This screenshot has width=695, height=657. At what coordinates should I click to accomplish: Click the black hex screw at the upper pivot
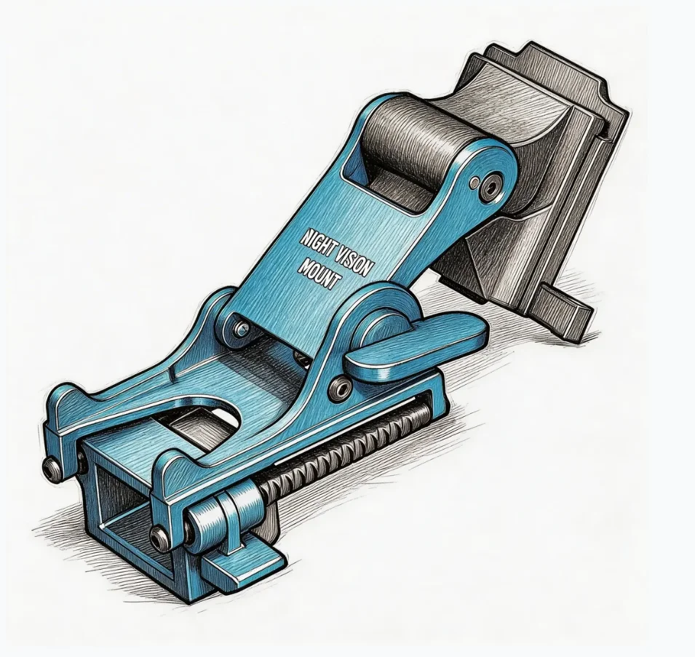[491, 188]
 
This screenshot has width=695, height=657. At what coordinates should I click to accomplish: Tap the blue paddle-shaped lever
[417, 346]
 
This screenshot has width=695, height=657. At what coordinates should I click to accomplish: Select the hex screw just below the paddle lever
[341, 388]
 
